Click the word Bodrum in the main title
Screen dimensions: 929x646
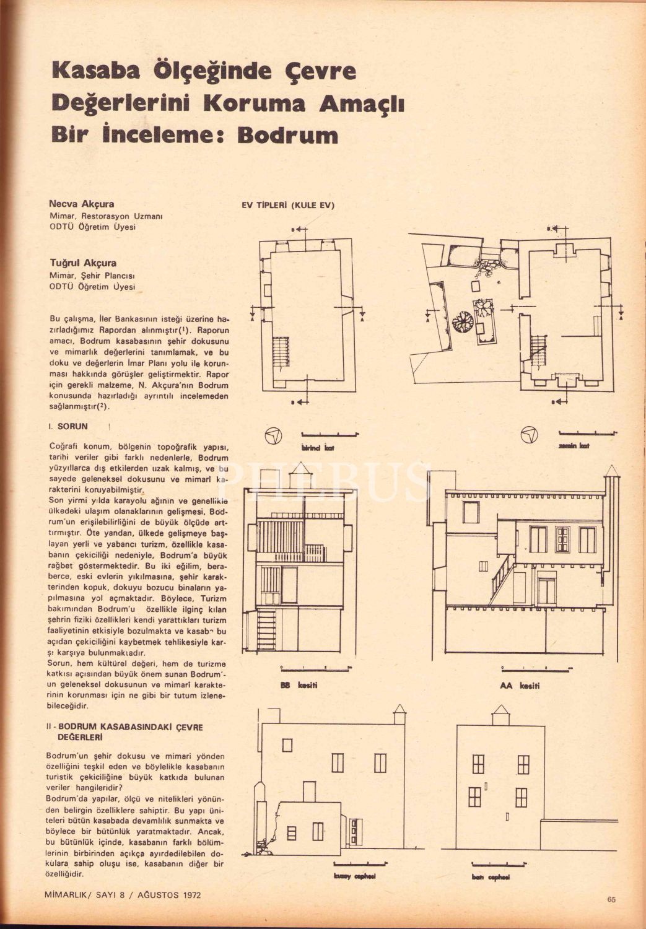[x=288, y=135]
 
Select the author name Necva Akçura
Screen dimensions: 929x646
[x=82, y=204]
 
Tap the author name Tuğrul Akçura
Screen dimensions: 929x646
[x=83, y=263]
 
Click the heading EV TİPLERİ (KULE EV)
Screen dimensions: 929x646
[x=289, y=206]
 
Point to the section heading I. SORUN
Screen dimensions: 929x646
[x=69, y=427]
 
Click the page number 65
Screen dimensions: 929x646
[x=611, y=900]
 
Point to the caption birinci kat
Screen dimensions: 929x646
[x=318, y=448]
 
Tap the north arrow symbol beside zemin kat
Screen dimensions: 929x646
[x=528, y=435]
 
